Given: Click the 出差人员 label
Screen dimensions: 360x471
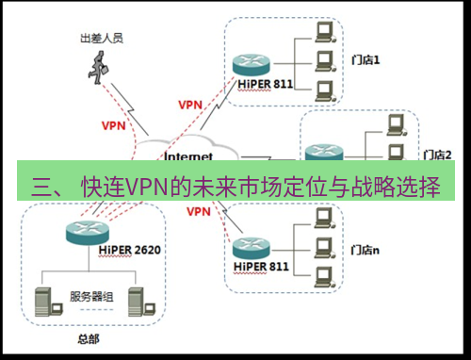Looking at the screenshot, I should coord(102,39).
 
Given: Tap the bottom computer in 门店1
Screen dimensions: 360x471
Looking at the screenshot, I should coord(324,91).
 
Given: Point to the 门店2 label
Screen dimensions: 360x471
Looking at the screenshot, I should coord(438,154).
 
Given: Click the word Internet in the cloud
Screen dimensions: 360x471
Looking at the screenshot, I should coord(189,155).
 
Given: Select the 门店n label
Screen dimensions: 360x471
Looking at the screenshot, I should coord(365,251).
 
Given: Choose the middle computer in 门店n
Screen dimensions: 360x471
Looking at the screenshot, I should coord(324,247).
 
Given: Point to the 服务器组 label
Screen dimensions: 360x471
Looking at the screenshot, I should coord(91,296).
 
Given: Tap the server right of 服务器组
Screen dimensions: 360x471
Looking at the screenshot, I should coord(137,298).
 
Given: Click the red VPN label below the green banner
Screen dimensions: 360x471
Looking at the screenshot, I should coord(198,212).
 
